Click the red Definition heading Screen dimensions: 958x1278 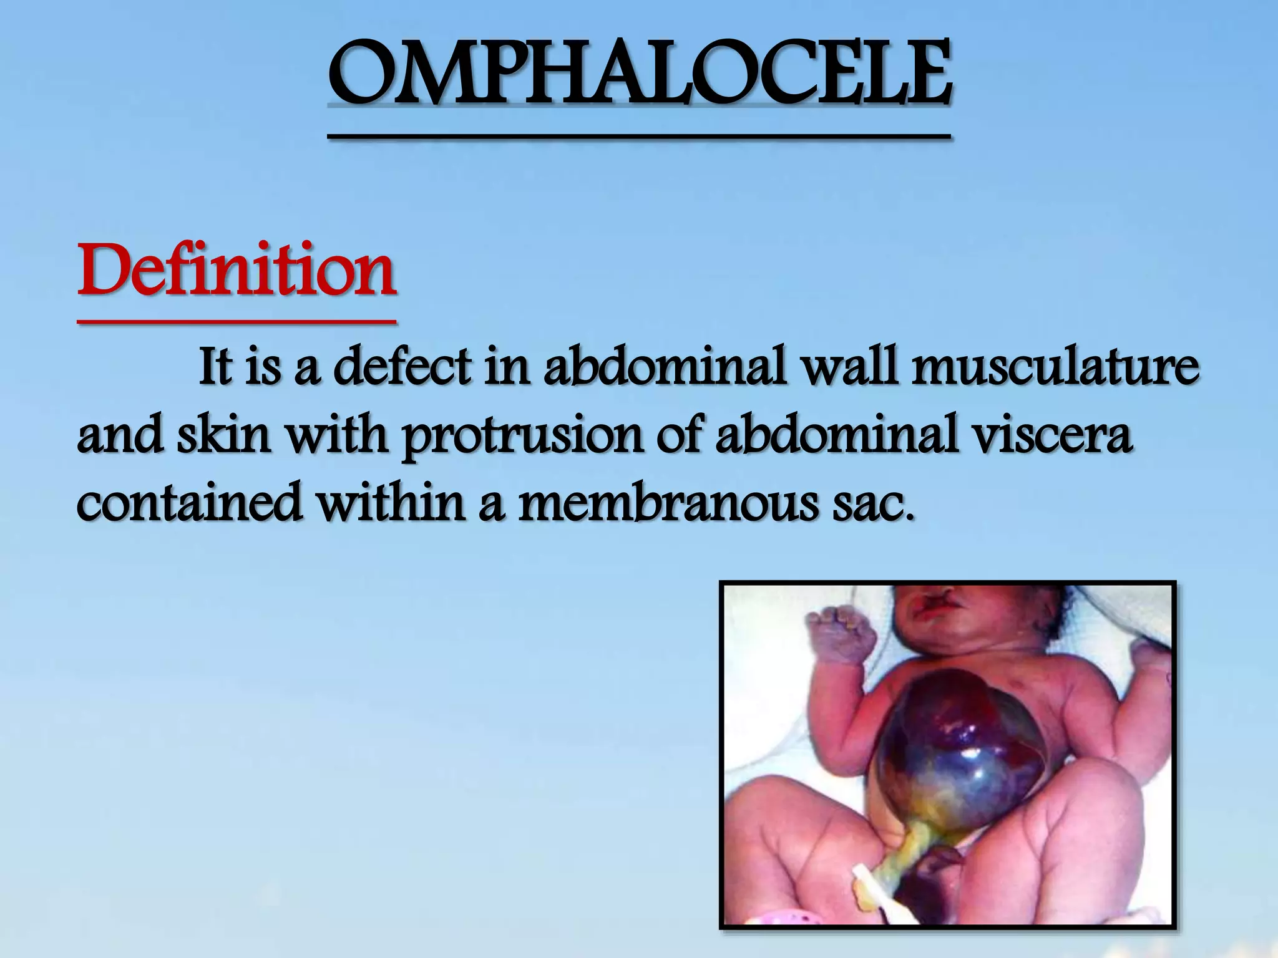(237, 271)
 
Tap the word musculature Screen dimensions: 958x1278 (1055, 368)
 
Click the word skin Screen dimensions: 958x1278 (223, 436)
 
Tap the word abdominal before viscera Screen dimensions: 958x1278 (836, 436)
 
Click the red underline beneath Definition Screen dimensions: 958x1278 (237, 322)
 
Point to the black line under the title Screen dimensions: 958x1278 (640, 135)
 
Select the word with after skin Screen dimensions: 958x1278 (337, 436)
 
